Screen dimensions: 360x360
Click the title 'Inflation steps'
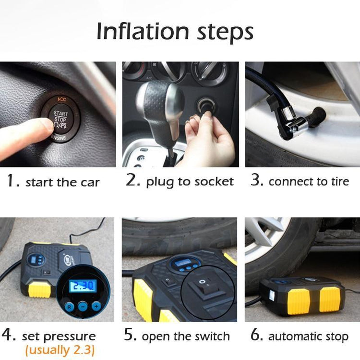(x=175, y=32)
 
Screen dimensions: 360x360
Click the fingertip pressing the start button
(x=46, y=126)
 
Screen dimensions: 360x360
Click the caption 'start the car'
(x=62, y=182)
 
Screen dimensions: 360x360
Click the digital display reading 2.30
(x=83, y=287)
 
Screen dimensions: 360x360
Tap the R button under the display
(x=70, y=306)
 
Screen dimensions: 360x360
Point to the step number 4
(x=8, y=335)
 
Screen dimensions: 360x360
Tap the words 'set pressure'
(x=59, y=336)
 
